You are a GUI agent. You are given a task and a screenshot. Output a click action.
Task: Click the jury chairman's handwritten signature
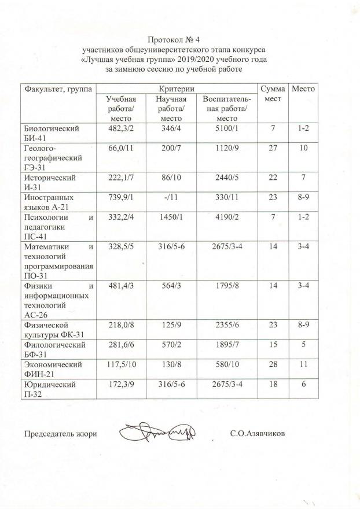click(x=157, y=432)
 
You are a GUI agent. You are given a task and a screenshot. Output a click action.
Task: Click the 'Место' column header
click(x=303, y=90)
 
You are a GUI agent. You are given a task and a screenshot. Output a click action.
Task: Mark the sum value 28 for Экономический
click(x=272, y=364)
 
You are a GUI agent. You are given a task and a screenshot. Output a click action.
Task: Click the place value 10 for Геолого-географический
click(x=303, y=148)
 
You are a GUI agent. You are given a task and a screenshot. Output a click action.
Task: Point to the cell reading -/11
click(x=171, y=197)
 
